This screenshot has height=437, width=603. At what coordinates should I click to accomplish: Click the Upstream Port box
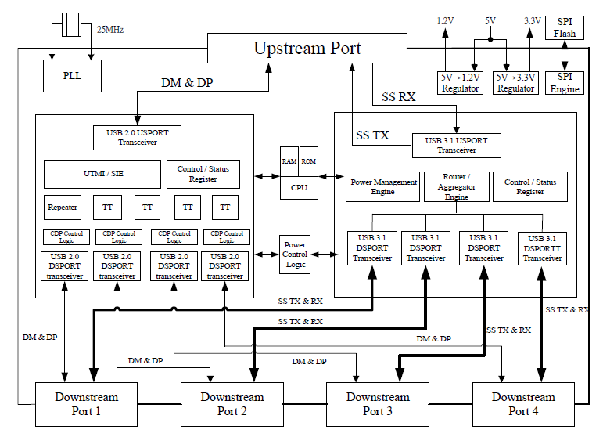click(307, 49)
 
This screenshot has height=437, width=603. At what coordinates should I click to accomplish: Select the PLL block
click(72, 76)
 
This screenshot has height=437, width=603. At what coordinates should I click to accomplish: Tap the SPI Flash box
click(564, 27)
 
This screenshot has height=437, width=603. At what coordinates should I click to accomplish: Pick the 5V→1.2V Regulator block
click(461, 82)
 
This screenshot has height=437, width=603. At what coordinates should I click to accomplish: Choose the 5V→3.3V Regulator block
click(515, 82)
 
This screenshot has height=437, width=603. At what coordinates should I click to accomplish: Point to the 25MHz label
click(110, 30)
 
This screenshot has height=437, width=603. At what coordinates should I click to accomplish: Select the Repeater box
click(62, 208)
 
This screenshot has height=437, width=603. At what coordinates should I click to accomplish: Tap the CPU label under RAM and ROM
click(300, 188)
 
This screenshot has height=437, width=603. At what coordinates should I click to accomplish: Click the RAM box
click(289, 161)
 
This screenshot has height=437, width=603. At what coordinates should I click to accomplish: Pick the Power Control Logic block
click(295, 255)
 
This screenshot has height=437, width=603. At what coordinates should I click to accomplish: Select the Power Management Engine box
click(383, 187)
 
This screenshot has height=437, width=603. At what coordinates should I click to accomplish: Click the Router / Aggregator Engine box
click(457, 187)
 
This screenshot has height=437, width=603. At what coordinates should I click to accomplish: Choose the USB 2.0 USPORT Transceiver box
click(137, 137)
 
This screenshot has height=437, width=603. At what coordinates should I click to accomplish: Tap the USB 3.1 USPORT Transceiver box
click(456, 145)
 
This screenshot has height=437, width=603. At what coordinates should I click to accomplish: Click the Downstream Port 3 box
click(378, 404)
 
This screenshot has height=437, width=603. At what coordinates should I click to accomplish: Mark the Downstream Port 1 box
click(86, 404)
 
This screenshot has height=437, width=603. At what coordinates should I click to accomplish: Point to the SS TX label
click(372, 135)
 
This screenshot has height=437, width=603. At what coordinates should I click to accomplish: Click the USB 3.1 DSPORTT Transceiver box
click(542, 248)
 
